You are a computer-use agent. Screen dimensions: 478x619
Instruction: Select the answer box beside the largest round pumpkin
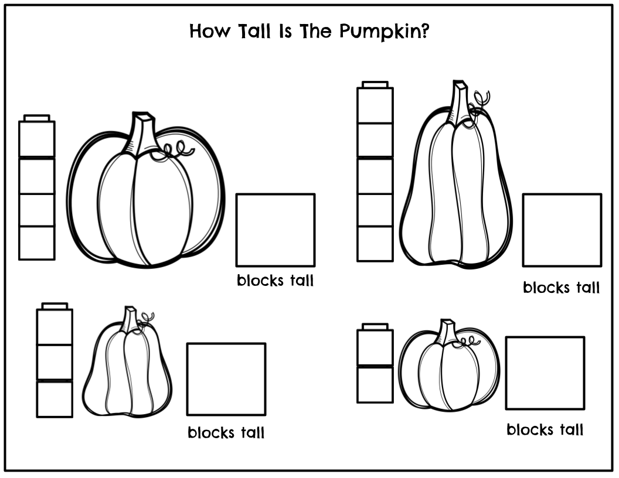click(276, 230)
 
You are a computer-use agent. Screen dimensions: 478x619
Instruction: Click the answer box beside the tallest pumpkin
click(562, 230)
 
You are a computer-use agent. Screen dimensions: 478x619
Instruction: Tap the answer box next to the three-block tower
click(226, 379)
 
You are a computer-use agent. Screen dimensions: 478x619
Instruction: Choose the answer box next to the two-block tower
click(545, 373)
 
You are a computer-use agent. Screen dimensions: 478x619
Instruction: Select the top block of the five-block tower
click(375, 105)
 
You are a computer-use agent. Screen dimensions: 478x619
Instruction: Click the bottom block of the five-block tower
click(375, 244)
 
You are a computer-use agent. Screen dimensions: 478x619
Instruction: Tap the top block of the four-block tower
click(37, 139)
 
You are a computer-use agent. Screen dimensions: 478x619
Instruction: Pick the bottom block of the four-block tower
click(37, 243)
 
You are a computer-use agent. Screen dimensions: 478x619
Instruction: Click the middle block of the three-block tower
click(55, 362)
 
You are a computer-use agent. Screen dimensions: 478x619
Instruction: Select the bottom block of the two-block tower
click(375, 384)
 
